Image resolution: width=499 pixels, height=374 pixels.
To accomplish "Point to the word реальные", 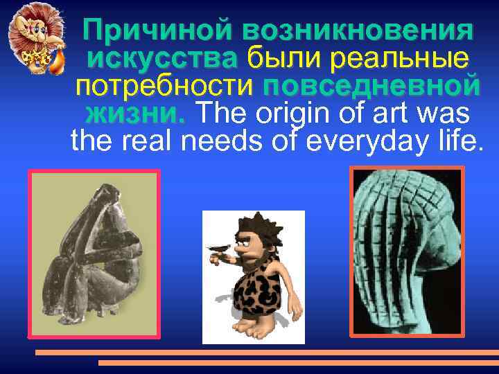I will tap(401, 60).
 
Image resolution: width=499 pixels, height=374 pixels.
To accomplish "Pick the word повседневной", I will tap(371, 88).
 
